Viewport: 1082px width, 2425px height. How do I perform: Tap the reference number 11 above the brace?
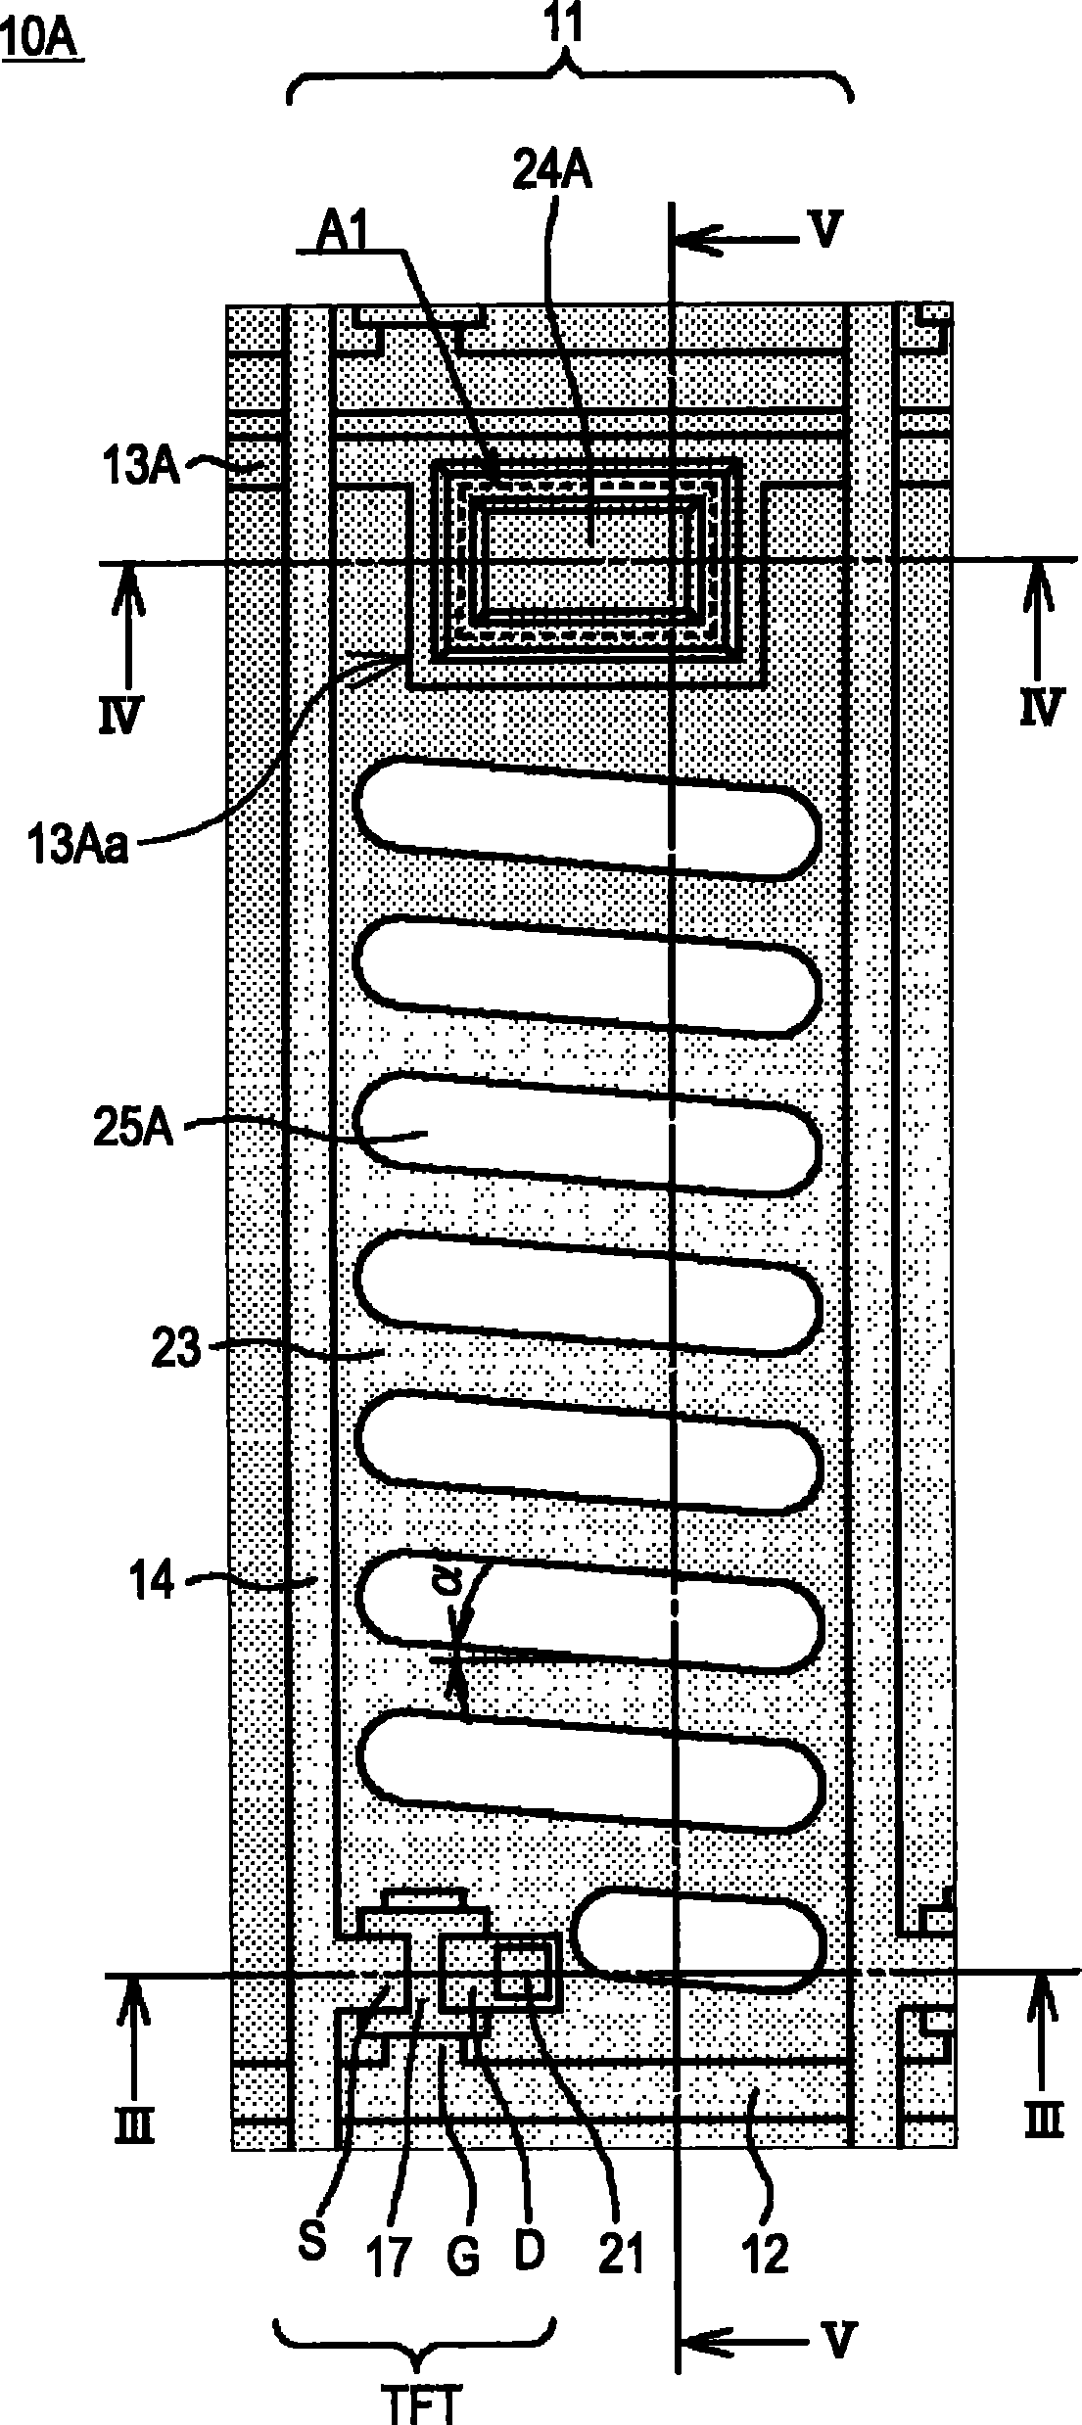click(x=566, y=28)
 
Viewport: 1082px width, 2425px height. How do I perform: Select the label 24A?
click(x=555, y=172)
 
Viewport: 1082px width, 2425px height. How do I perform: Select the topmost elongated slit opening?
click(x=588, y=818)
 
